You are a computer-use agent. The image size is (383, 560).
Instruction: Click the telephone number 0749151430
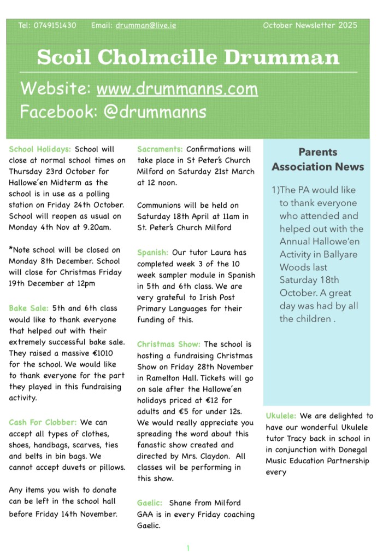55,25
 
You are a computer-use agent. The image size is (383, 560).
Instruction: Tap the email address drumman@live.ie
146,25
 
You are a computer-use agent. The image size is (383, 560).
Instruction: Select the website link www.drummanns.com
177,88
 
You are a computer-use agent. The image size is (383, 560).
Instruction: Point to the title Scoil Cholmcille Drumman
188,57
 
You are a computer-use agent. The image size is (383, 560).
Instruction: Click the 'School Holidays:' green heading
40,149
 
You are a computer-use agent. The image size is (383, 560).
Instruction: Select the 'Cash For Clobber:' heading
43,422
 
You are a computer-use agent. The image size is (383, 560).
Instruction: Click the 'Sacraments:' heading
160,149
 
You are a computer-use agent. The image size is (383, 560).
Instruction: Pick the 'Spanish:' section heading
152,252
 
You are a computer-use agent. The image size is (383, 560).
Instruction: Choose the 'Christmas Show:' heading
168,344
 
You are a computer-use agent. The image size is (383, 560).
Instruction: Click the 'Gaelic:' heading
150,503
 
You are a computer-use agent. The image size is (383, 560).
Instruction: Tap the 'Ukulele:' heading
281,416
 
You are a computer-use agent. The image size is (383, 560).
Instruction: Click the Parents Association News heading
317,159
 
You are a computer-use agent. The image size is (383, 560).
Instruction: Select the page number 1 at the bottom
187,547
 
